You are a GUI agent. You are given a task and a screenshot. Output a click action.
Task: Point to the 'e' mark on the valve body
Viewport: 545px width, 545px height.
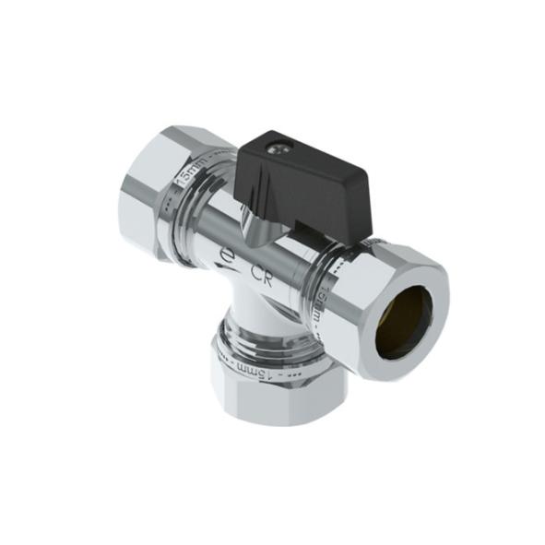click(x=228, y=254)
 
